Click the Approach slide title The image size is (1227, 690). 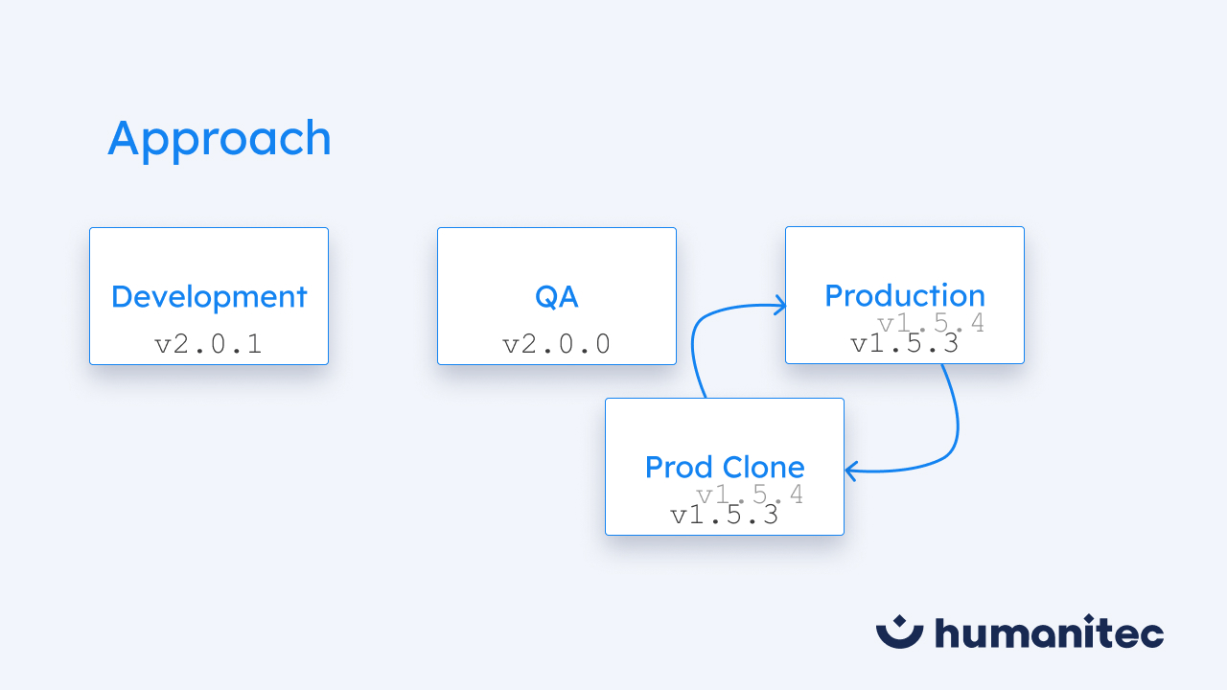[220, 139]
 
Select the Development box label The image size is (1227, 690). [209, 297]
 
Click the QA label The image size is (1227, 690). [557, 297]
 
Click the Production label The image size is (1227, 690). [904, 295]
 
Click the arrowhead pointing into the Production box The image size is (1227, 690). [780, 306]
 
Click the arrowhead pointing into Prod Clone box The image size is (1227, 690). [851, 471]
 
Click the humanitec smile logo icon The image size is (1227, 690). [899, 631]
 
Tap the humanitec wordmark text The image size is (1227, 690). [1049, 632]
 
